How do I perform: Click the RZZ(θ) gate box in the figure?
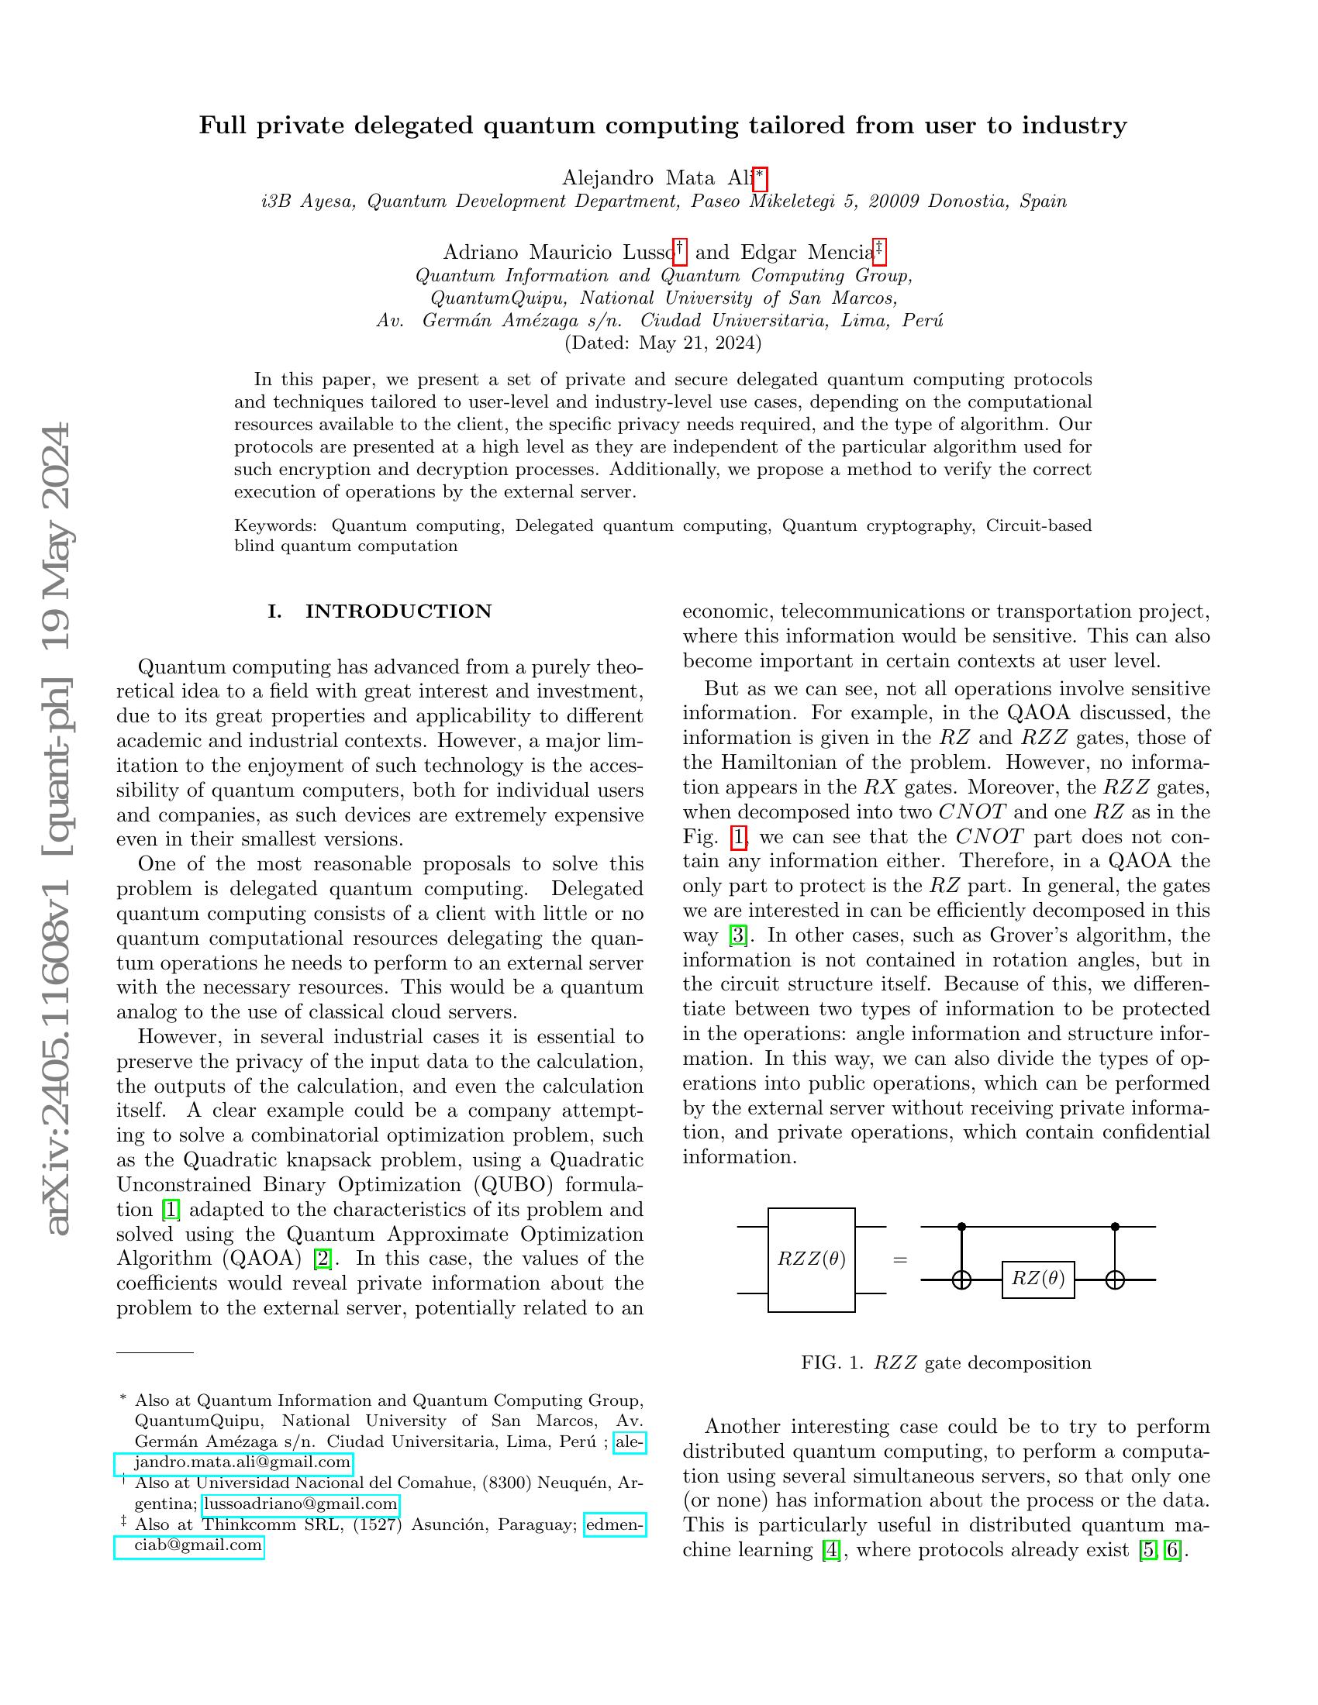811,1259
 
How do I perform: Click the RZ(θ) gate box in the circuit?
1037,1279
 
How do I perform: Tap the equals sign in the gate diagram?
900,1259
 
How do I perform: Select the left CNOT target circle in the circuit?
961,1280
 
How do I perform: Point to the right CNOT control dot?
1115,1227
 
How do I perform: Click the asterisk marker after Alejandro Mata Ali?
760,179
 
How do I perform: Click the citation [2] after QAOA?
322,1259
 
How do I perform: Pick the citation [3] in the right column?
737,935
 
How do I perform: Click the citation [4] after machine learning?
832,1549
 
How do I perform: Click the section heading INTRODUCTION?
399,611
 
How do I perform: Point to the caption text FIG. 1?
833,1363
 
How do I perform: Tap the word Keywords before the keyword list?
274,525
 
